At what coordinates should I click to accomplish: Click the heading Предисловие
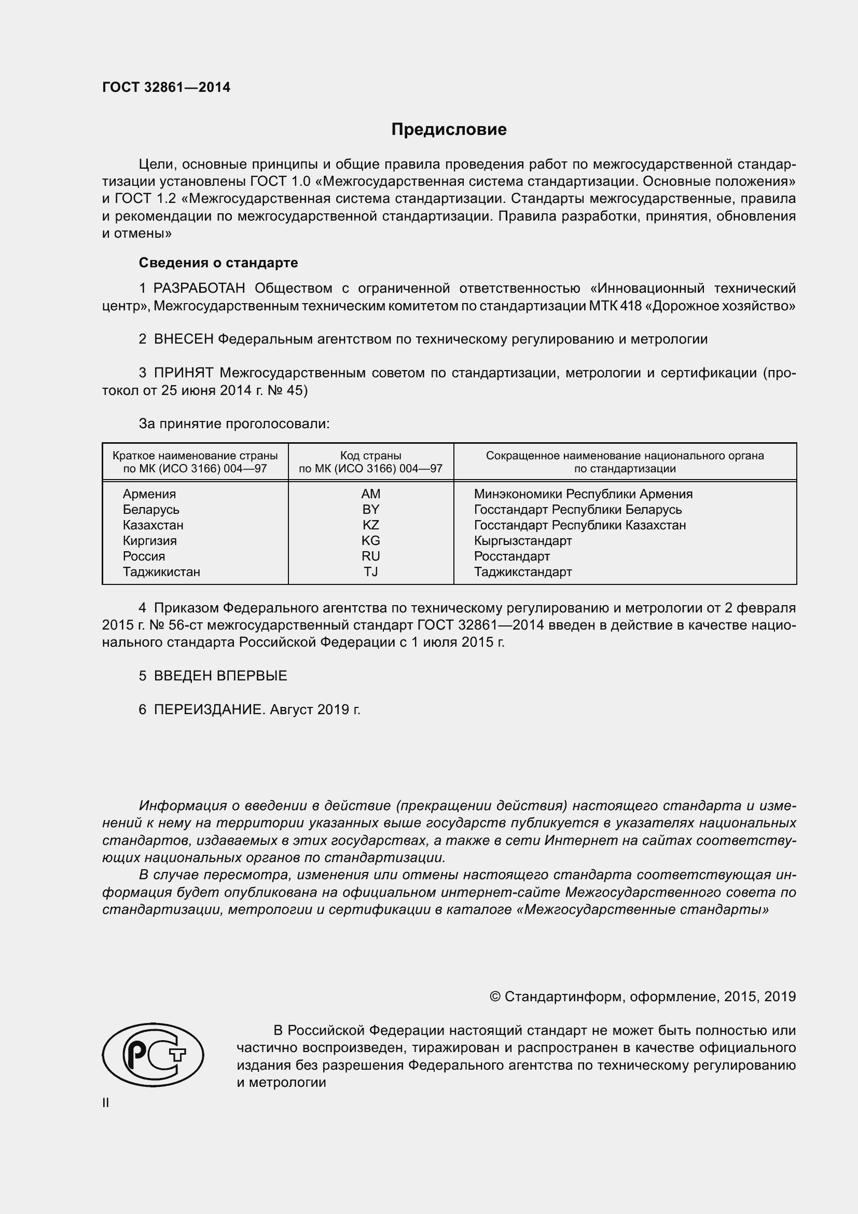(449, 130)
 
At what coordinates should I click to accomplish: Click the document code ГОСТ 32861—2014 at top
(167, 88)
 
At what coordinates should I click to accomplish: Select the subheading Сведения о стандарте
(218, 263)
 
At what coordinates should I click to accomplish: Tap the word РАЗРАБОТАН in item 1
(199, 288)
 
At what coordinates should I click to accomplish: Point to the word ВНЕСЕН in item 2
(183, 339)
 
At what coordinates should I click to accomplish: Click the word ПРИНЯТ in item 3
(183, 373)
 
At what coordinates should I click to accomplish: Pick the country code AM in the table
(370, 494)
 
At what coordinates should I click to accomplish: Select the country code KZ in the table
(370, 525)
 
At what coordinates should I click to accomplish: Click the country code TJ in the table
(370, 571)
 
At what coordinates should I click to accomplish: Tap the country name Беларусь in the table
(151, 510)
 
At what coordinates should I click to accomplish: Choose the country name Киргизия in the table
(149, 541)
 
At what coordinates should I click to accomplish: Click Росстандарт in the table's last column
(511, 556)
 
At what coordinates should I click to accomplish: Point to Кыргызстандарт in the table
(522, 541)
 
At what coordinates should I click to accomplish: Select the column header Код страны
(370, 456)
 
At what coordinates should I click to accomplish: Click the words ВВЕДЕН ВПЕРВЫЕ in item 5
(220, 676)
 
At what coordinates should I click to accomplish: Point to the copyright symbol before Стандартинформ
(495, 997)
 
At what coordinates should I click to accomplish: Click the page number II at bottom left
(106, 1103)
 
